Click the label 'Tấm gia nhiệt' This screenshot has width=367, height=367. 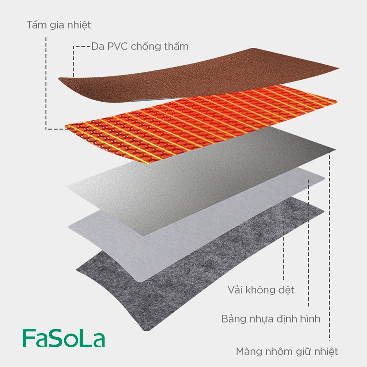click(x=59, y=25)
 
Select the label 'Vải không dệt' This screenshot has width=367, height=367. click(x=261, y=290)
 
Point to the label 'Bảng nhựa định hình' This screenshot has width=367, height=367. click(x=271, y=319)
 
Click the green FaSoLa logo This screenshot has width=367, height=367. click(x=63, y=338)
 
